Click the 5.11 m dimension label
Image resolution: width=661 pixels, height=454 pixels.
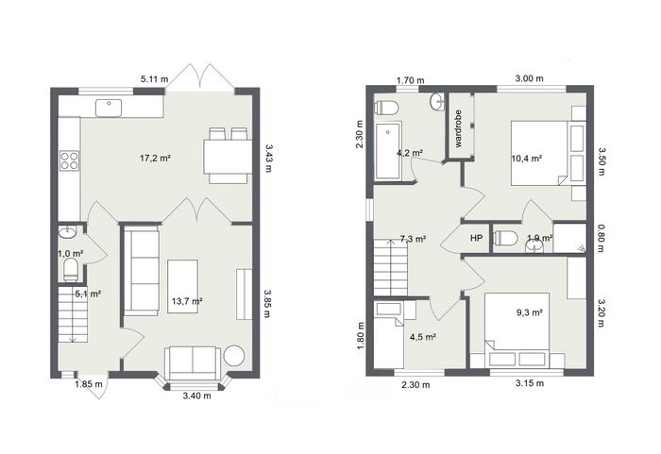(x=154, y=79)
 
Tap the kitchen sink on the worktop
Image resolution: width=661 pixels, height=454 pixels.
(x=109, y=108)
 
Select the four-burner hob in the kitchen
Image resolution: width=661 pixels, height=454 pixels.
(x=69, y=160)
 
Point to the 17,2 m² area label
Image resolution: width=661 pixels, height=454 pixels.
(x=155, y=159)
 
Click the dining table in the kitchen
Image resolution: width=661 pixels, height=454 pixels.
(x=229, y=157)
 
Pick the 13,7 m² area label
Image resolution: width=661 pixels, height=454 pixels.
(x=187, y=301)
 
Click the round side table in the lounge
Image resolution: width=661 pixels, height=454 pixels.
(x=234, y=355)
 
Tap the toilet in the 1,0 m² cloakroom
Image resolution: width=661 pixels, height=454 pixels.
(x=71, y=270)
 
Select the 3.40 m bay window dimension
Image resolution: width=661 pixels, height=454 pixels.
(x=197, y=395)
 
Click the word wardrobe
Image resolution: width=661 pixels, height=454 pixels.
(x=459, y=128)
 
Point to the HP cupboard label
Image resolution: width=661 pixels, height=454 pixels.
(x=476, y=238)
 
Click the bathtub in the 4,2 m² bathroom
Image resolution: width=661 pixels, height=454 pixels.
(x=389, y=151)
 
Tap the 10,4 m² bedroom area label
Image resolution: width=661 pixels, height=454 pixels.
(x=527, y=159)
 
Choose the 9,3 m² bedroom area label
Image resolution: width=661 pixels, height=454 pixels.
(x=530, y=312)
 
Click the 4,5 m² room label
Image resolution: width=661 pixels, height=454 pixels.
(x=422, y=337)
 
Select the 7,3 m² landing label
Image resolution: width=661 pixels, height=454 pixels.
(x=413, y=239)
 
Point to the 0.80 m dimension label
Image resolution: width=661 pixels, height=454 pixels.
(x=601, y=238)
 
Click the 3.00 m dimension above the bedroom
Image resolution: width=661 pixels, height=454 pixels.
(x=530, y=78)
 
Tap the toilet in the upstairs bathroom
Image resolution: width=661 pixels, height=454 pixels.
(x=386, y=108)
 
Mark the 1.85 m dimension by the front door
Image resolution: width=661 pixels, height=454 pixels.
(x=89, y=384)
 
